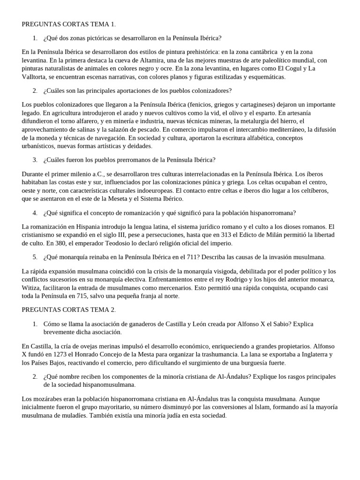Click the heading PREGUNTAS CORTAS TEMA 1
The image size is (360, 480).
(68, 24)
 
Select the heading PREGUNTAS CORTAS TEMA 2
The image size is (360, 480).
(68, 310)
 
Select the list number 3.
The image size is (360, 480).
(35, 160)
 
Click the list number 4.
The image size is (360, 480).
(35, 213)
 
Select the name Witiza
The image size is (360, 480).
(32, 288)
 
